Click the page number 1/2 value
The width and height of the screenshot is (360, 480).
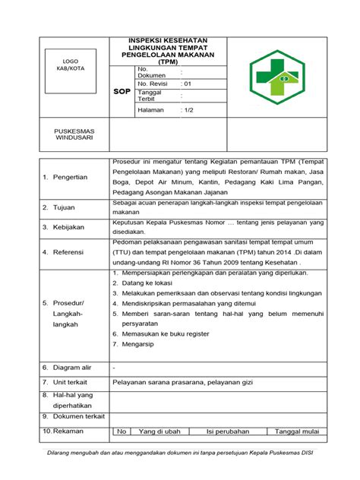(188, 110)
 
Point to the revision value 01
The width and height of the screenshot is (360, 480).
(188, 84)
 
